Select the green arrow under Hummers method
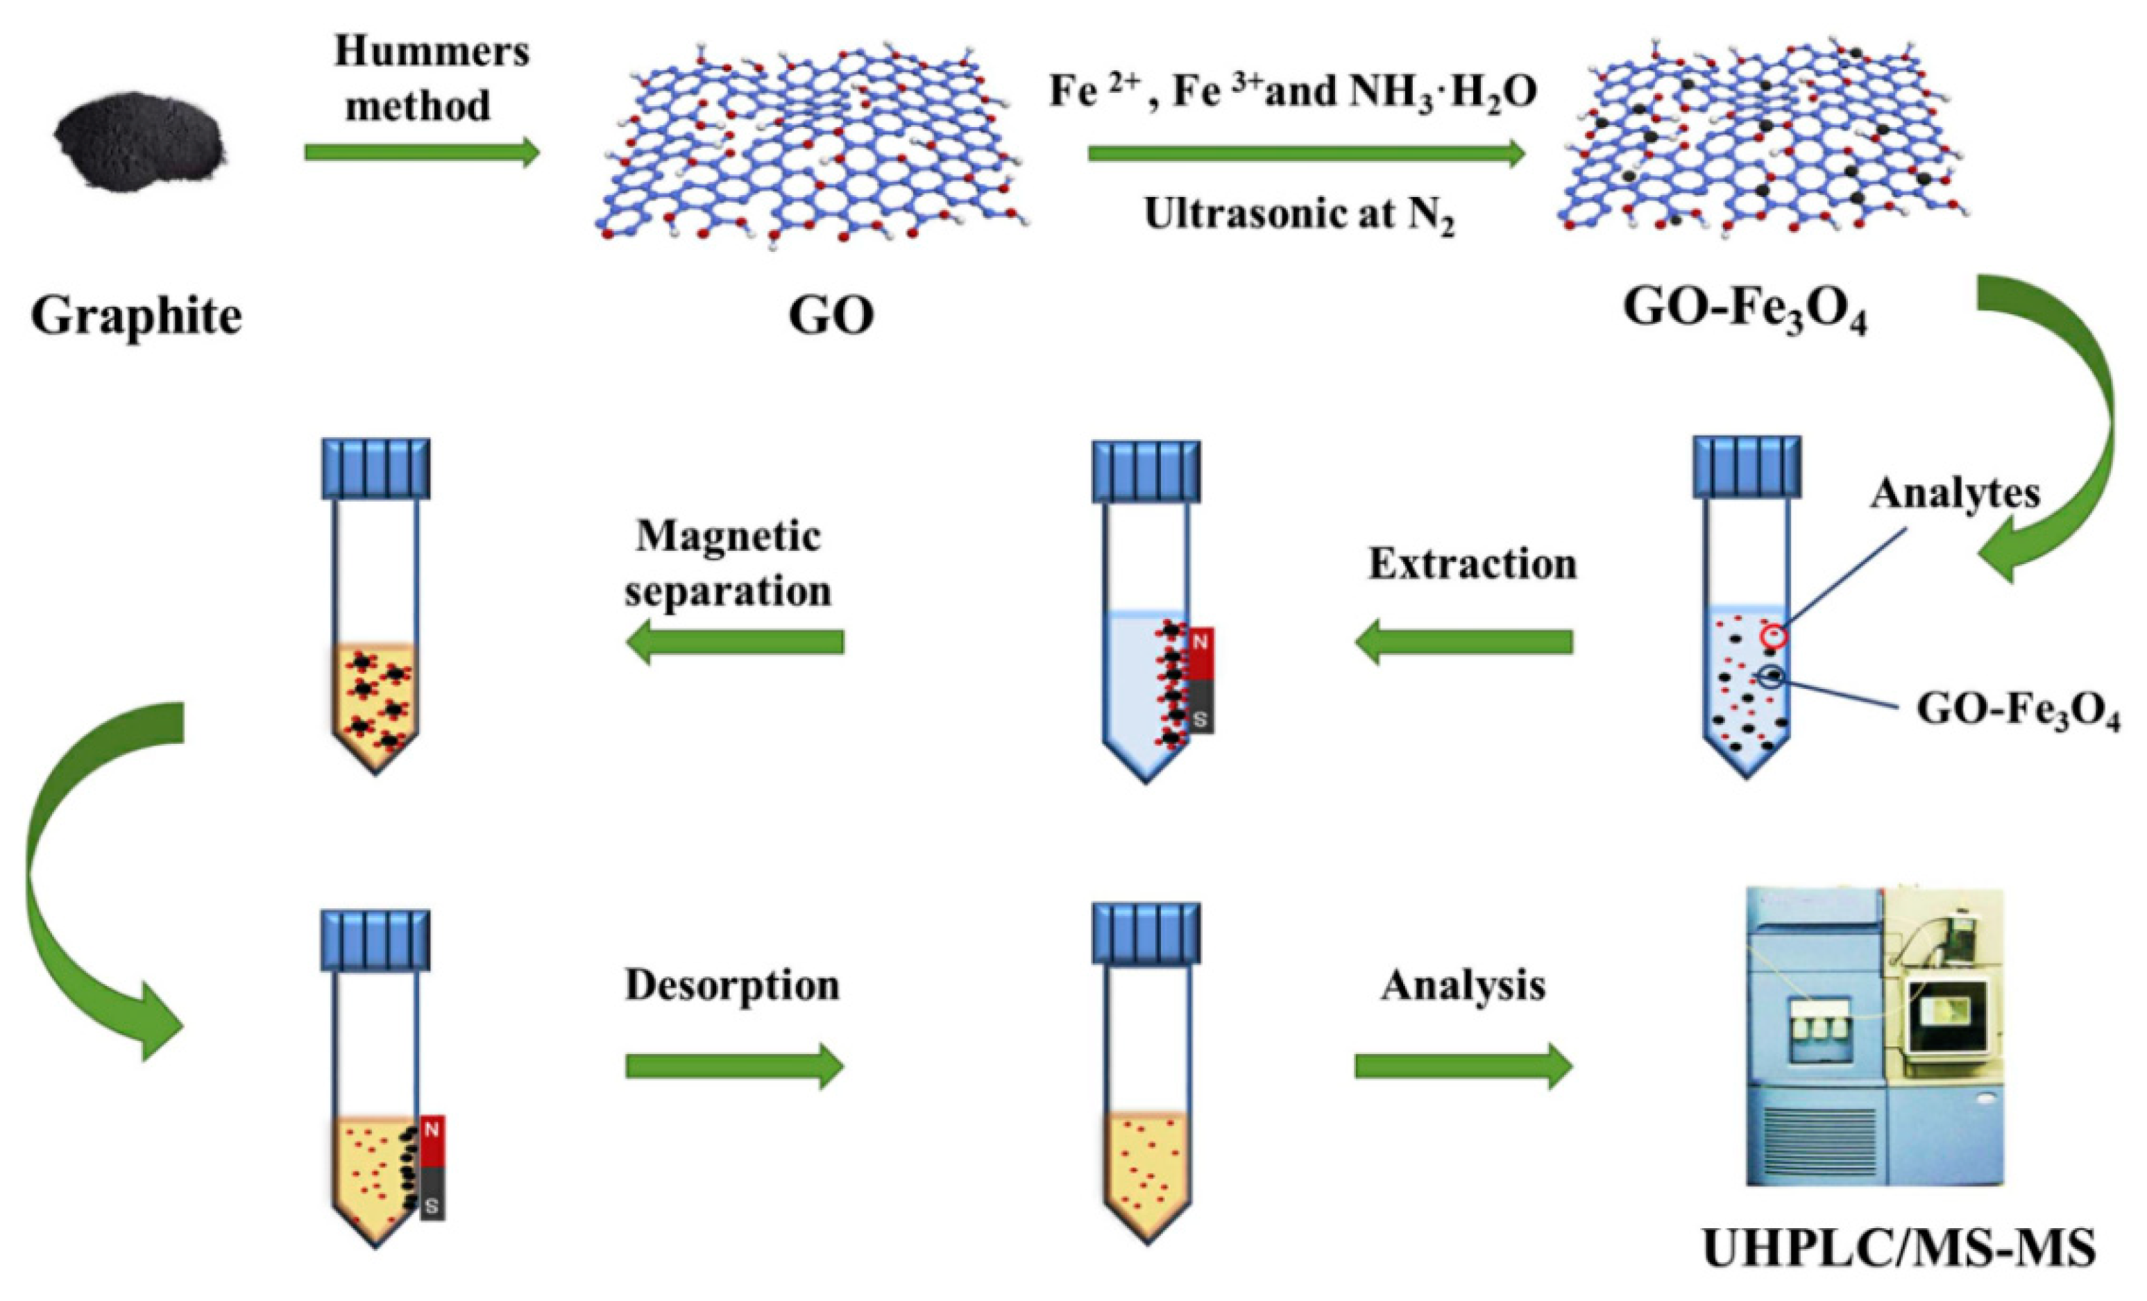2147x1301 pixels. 422,153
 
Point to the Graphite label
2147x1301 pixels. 137,316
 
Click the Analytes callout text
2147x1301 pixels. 1954,494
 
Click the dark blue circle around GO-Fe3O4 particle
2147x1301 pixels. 1772,677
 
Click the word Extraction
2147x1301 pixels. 1473,565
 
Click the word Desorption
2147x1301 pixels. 732,985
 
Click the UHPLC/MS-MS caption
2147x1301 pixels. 1899,1250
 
